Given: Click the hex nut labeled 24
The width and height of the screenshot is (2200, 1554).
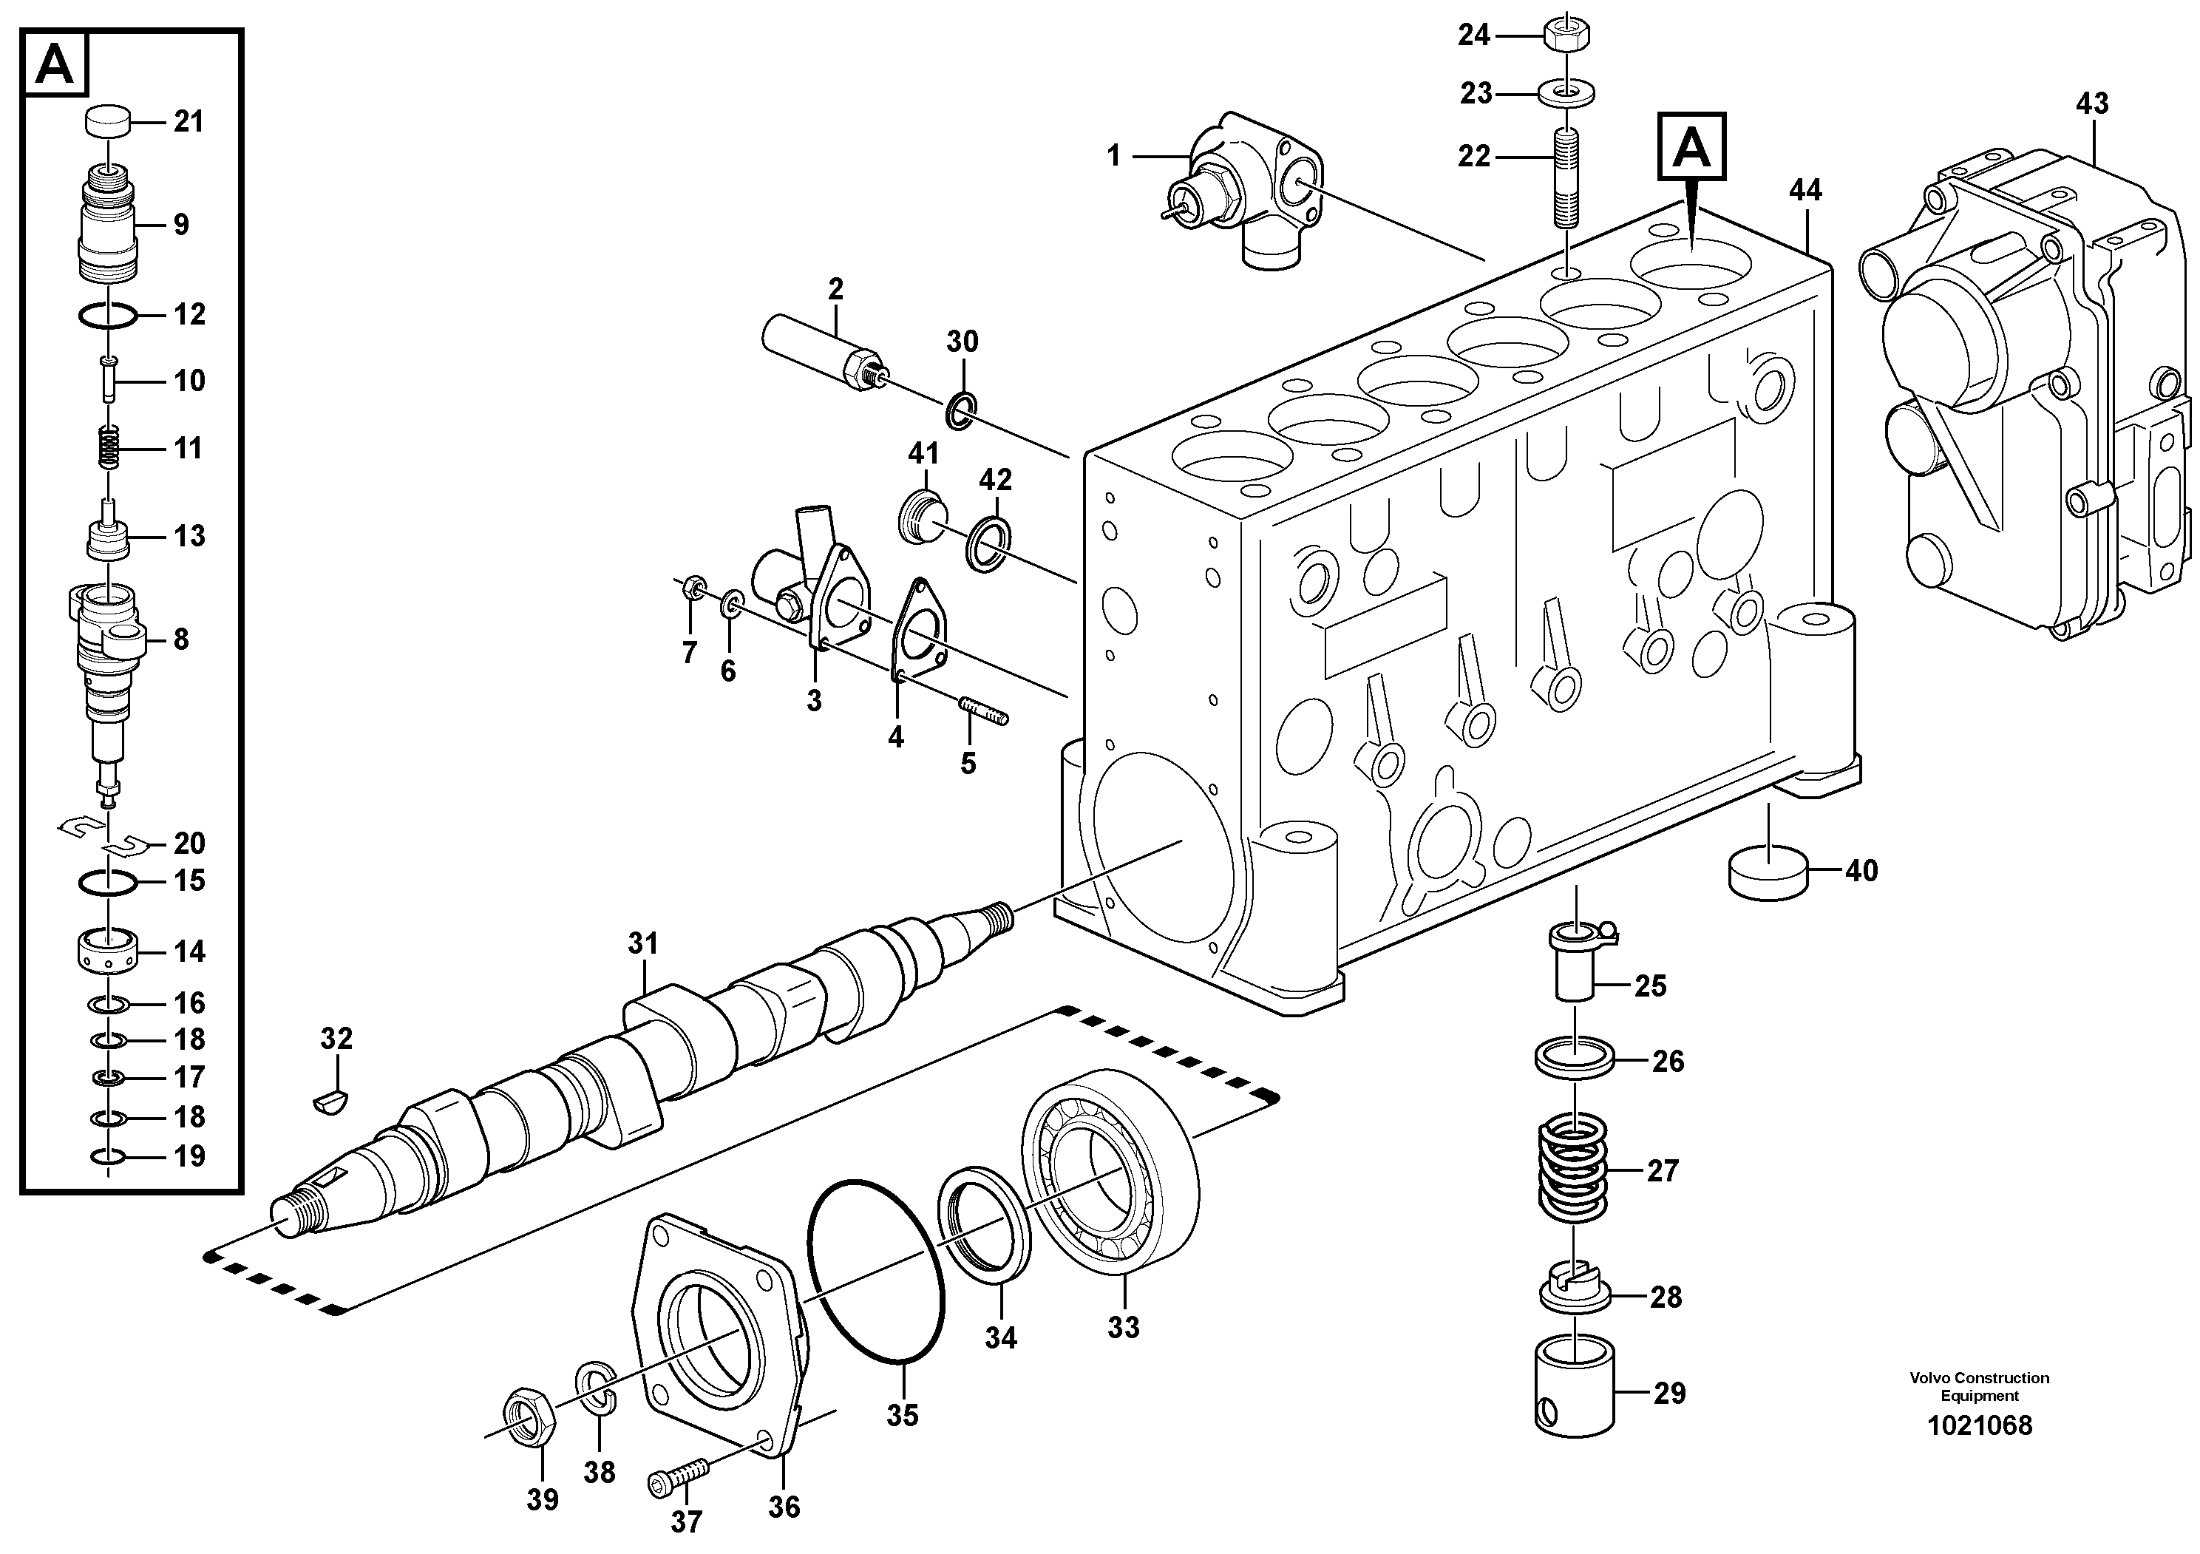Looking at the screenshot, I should pos(1568,36).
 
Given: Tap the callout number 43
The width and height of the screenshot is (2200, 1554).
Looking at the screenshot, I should pos(2092,104).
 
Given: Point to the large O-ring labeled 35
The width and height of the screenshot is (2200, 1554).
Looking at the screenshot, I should pos(877,1269).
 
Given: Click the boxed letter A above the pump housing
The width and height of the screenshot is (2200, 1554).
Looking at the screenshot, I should pos(1692,146).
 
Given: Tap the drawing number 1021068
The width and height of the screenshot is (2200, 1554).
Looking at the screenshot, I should pos(1979,1425).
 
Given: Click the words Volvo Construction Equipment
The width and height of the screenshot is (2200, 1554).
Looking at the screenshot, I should pos(1979,1386).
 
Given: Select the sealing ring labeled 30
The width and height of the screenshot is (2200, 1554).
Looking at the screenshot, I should pos(961,410).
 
